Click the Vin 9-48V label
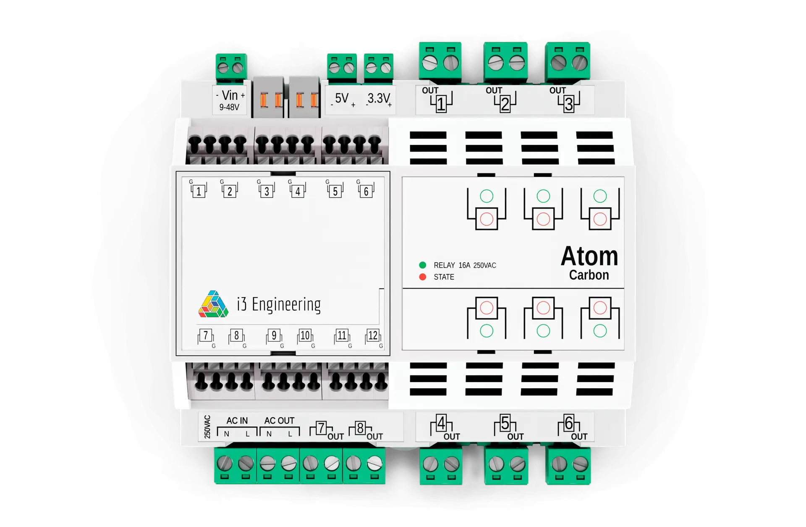(230, 100)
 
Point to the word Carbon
(589, 275)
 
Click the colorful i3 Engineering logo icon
(213, 304)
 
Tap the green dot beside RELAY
(423, 265)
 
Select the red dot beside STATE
(423, 277)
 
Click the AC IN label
(237, 421)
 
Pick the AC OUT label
(279, 421)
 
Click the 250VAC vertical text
(207, 427)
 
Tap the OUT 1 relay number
(441, 104)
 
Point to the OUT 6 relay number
(568, 423)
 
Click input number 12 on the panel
(373, 335)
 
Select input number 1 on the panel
(199, 192)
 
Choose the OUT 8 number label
(360, 428)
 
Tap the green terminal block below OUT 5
(506, 466)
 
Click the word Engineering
(286, 305)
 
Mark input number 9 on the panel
(274, 335)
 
